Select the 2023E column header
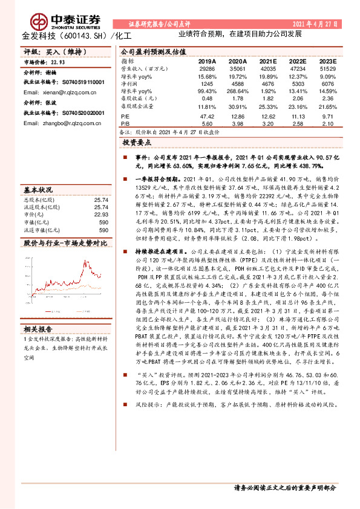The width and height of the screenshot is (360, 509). coord(326,61)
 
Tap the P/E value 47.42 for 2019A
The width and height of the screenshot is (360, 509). coord(207,114)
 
